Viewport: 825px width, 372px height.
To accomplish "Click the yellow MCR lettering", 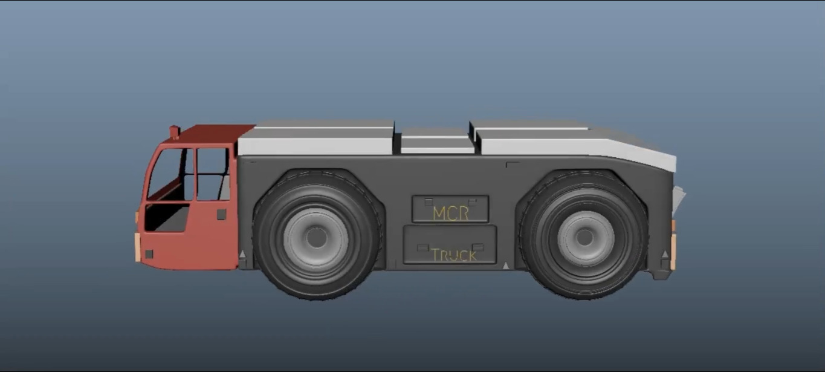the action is click(x=451, y=214).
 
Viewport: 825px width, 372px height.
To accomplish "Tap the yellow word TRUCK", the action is click(x=454, y=255).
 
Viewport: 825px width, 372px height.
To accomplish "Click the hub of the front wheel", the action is click(x=316, y=238).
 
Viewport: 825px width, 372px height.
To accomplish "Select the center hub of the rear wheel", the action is click(x=584, y=238).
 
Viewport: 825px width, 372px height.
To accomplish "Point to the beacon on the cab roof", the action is click(x=174, y=132).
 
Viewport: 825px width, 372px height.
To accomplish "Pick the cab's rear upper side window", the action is click(x=213, y=174).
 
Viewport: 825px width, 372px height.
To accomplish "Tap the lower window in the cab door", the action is click(x=166, y=218).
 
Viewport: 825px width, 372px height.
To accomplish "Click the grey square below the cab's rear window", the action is click(x=221, y=215).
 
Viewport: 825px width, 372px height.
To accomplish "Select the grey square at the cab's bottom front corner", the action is click(x=149, y=254).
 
